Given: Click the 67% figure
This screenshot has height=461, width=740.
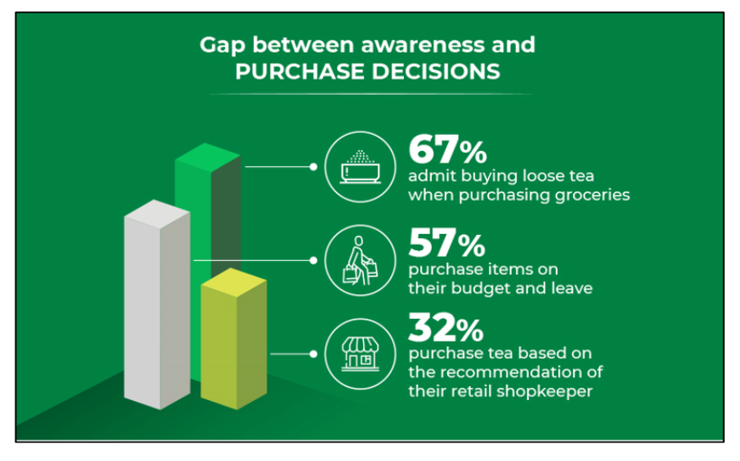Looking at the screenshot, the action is pos(447,149).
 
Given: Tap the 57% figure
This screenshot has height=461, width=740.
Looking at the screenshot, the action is pos(446,242).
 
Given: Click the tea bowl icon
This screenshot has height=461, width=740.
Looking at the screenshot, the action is pos(361,167).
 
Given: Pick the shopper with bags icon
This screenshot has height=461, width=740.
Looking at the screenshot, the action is pos(361,260).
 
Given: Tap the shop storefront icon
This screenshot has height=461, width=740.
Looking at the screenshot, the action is pos(361,353).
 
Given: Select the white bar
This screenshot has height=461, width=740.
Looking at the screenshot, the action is pos(157,304).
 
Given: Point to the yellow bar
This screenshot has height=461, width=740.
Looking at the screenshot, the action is pos(233,338).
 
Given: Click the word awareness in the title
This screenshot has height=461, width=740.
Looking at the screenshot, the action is pos(423,45).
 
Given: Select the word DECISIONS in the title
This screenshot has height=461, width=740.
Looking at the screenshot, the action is pos(435,72).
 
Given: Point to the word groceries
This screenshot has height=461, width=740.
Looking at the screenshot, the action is pos(592,195).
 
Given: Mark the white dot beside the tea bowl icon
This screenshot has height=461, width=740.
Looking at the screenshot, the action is pos(313,167).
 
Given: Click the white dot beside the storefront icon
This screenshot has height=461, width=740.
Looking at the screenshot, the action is pos(313,354).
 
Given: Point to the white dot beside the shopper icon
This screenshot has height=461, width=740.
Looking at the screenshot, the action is pos(313,260).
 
